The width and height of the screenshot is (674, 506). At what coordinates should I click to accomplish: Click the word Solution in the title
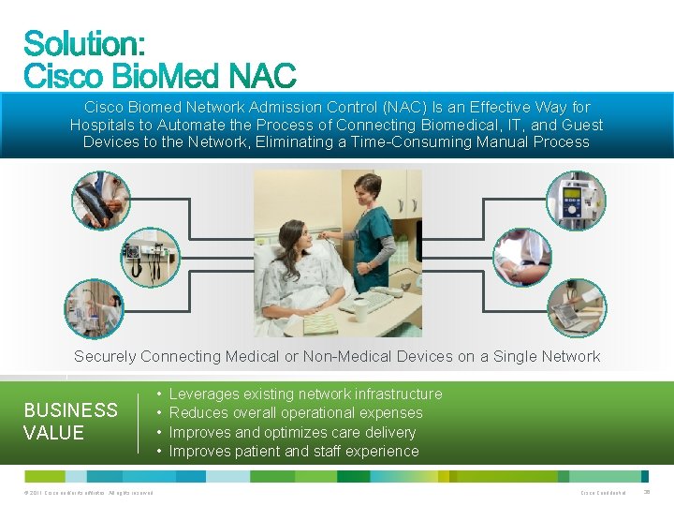[82, 44]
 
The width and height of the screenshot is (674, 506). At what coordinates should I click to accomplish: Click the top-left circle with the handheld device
[102, 200]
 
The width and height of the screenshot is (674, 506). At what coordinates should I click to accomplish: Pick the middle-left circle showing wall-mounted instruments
[149, 254]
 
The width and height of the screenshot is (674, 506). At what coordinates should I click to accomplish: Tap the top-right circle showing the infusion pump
[576, 200]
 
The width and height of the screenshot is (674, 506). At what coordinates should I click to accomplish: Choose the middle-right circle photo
[523, 256]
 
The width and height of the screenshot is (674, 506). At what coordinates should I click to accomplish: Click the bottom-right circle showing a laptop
[576, 308]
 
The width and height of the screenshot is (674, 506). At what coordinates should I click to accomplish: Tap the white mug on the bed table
[360, 310]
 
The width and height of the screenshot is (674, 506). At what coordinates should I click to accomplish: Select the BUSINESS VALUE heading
[70, 421]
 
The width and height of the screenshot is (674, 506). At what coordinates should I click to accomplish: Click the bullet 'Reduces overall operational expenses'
[295, 413]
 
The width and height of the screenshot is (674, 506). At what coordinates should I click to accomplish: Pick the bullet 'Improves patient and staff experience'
[293, 452]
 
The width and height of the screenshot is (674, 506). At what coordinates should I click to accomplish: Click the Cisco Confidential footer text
[603, 493]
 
